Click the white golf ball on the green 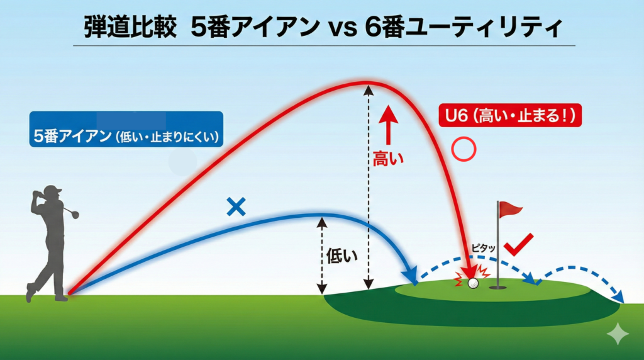[473, 283]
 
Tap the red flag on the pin [510, 209]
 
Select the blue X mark [236, 206]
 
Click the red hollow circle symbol [464, 149]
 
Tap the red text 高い [388, 158]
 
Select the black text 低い [341, 256]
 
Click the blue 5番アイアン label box [126, 129]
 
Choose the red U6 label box [510, 115]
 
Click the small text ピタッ [483, 248]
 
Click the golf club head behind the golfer [75, 214]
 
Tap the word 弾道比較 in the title [130, 27]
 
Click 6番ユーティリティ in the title [463, 27]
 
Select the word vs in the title [342, 30]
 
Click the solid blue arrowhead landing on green [411, 275]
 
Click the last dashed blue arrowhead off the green [618, 296]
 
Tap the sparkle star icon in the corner [618, 334]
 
